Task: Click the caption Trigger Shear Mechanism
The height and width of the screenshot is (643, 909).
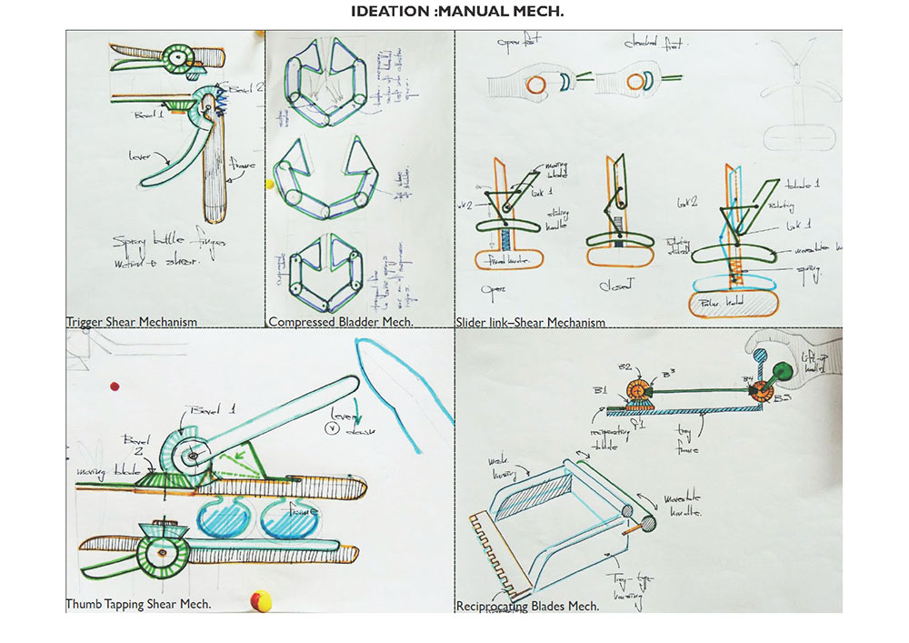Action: pyautogui.click(x=131, y=321)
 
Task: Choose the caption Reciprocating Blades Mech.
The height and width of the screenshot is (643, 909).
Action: pyautogui.click(x=527, y=605)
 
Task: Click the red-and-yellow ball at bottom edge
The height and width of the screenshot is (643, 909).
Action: pyautogui.click(x=260, y=600)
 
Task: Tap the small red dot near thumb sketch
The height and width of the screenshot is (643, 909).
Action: pyautogui.click(x=115, y=386)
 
